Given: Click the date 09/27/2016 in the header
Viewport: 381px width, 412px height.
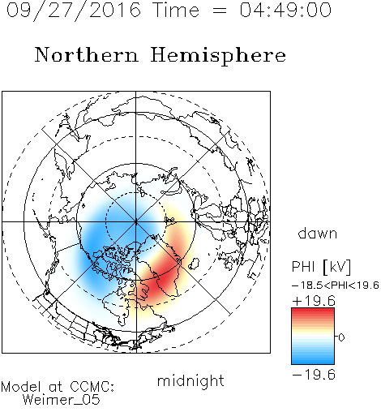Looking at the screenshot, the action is click(74, 11).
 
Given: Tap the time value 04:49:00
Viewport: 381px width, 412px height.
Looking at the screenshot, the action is click(285, 10).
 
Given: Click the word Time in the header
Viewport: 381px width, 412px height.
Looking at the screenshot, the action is click(176, 10).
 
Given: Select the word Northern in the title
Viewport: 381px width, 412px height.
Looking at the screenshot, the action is click(87, 55).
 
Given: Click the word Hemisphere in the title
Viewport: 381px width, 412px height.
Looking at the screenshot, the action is click(218, 56).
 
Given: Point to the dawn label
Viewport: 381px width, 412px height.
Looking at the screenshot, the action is click(318, 234).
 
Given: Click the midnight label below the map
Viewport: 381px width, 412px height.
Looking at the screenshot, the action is click(190, 381).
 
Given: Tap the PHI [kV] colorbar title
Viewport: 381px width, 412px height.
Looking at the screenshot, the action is click(321, 267).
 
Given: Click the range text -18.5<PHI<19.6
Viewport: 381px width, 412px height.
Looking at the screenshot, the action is click(336, 285).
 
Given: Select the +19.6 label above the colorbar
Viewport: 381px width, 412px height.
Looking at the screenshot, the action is click(314, 301).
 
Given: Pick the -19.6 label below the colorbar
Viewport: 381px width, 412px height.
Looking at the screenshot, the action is click(314, 375).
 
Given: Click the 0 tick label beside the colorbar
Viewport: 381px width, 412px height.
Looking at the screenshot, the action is click(341, 337).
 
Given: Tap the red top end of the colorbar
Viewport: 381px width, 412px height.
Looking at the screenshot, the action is click(313, 311).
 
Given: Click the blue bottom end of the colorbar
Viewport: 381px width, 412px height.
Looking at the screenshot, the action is click(313, 362).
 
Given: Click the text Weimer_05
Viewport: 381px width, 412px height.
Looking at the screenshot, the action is click(61, 400).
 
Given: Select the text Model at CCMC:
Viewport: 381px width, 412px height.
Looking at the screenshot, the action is click(58, 387).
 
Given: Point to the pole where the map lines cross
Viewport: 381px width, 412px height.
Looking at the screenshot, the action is click(136, 221).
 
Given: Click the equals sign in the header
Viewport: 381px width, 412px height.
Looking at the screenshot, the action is click(219, 11).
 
